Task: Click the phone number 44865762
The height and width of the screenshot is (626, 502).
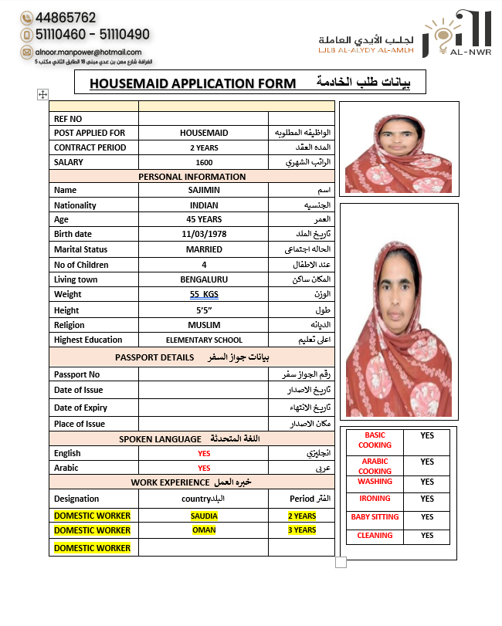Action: (66, 17)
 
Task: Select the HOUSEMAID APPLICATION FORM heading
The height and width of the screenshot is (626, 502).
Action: (192, 83)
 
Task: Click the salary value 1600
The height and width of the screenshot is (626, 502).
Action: (204, 162)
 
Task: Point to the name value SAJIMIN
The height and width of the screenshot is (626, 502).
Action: (204, 190)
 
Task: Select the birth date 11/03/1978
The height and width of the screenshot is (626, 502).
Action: (204, 234)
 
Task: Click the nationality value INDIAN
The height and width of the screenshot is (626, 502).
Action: (204, 205)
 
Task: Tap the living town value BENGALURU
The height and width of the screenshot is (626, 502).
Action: (204, 279)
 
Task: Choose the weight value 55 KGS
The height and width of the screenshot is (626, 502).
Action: (204, 294)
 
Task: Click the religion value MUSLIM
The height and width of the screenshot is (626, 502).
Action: (204, 325)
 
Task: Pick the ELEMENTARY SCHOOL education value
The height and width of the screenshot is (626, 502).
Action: (204, 340)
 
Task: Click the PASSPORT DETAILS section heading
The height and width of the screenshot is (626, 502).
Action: (154, 357)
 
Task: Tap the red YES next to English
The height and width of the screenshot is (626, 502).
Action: (204, 453)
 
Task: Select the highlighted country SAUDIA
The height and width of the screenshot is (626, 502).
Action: (204, 516)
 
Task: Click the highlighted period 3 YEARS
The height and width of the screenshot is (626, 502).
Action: (302, 530)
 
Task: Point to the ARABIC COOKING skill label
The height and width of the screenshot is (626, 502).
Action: (375, 466)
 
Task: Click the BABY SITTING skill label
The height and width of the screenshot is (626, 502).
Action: (375, 517)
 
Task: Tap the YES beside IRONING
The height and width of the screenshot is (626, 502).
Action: (427, 499)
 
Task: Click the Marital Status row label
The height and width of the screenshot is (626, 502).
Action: (81, 249)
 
